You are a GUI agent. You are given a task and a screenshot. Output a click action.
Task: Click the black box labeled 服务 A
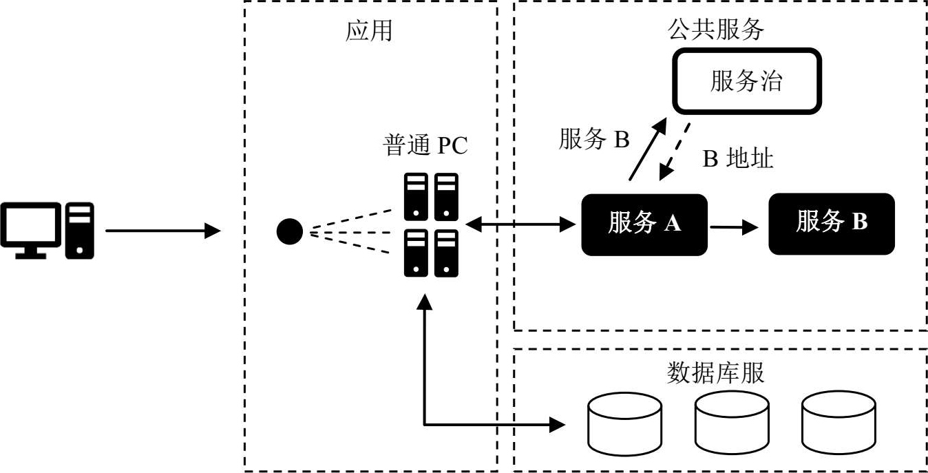tap(644, 224)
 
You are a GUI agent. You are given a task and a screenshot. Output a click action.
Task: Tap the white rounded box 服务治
tap(747, 81)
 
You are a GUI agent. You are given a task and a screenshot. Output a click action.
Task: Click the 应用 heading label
tap(369, 31)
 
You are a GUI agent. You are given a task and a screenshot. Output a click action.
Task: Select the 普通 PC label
tap(425, 147)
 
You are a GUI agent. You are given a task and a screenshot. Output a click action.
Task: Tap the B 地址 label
tap(738, 159)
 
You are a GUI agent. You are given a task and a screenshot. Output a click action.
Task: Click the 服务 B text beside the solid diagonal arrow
tap(594, 140)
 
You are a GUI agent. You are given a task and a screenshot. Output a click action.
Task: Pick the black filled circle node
tap(290, 231)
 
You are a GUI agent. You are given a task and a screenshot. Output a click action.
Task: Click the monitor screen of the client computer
tap(29, 227)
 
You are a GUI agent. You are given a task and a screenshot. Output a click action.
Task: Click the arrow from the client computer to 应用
tap(162, 231)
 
